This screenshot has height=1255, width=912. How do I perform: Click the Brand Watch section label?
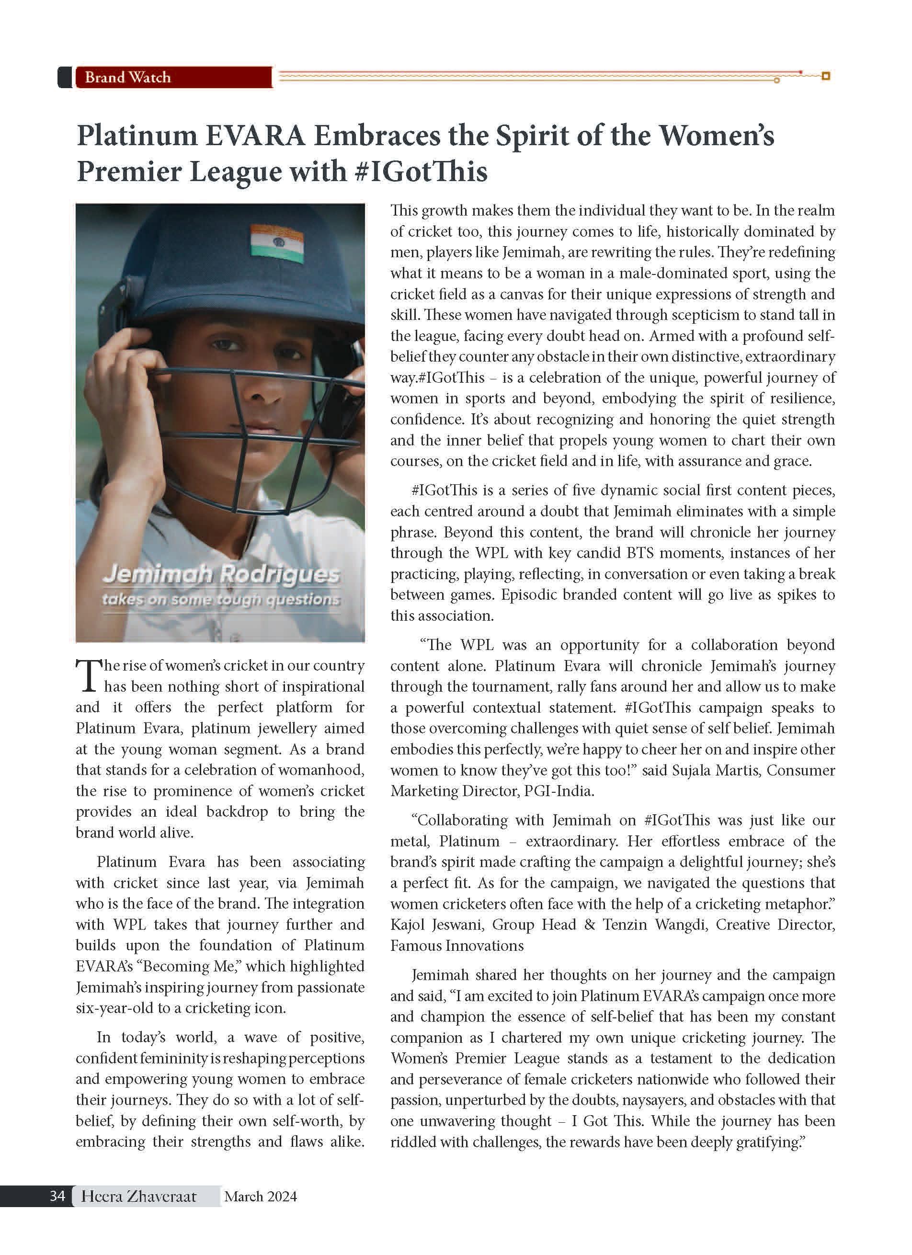click(x=128, y=78)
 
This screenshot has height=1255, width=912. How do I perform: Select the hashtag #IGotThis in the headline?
click(x=420, y=171)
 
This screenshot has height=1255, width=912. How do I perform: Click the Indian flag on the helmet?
click(x=277, y=243)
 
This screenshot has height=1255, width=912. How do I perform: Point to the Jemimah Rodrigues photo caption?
click(x=221, y=574)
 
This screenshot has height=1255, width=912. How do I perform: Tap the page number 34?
click(x=57, y=1196)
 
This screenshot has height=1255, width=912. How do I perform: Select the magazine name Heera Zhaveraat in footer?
click(x=138, y=1197)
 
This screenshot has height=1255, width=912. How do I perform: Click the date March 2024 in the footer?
click(x=260, y=1197)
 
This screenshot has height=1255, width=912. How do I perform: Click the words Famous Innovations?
click(x=456, y=946)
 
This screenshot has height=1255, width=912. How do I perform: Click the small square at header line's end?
click(x=826, y=76)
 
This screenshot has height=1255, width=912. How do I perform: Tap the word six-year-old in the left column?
click(x=115, y=1008)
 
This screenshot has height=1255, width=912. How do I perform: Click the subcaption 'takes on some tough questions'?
click(x=221, y=599)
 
